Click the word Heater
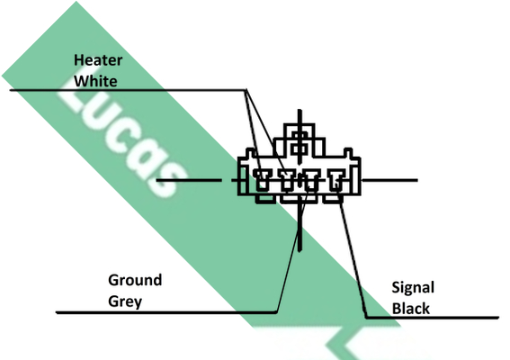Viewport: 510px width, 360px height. pyautogui.click(x=98, y=60)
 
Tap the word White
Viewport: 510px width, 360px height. pyautogui.click(x=95, y=81)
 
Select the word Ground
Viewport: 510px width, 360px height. pyautogui.click(x=135, y=280)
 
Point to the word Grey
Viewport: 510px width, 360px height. pyautogui.click(x=125, y=301)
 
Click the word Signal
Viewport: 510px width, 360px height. pyautogui.click(x=413, y=288)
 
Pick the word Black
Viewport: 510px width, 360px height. pyautogui.click(x=411, y=308)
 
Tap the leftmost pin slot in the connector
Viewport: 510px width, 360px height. pyautogui.click(x=262, y=180)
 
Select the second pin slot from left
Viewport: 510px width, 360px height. pyautogui.click(x=287, y=180)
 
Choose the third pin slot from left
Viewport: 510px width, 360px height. pyautogui.click(x=311, y=180)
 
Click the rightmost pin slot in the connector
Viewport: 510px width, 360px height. pyautogui.click(x=336, y=180)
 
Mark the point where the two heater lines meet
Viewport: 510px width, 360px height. pyautogui.click(x=246, y=89)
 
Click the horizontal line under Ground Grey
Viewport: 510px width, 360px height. pyautogui.click(x=166, y=312)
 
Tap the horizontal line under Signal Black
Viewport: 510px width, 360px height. pyautogui.click(x=433, y=318)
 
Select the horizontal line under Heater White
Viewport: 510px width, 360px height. pyautogui.click(x=128, y=90)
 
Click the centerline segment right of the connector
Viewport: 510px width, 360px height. pyautogui.click(x=389, y=180)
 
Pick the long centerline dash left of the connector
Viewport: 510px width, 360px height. pyautogui.click(x=189, y=180)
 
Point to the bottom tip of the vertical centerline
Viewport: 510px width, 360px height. pyautogui.click(x=300, y=251)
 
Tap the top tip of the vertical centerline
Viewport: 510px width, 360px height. pyautogui.click(x=300, y=110)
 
